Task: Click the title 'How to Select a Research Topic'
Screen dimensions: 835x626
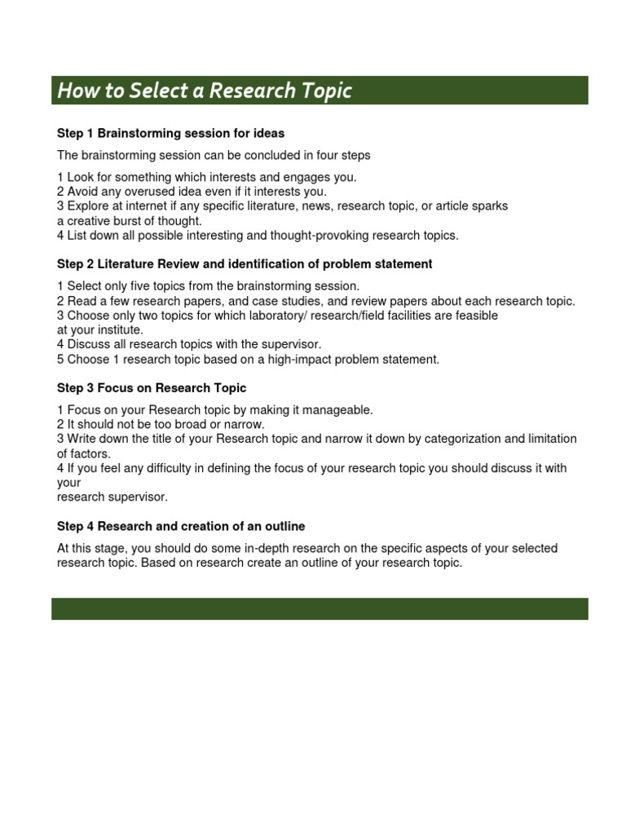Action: pyautogui.click(x=205, y=91)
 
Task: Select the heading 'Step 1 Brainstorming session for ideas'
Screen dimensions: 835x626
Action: pyautogui.click(x=170, y=133)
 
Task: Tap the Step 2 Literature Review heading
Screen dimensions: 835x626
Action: pyautogui.click(x=245, y=264)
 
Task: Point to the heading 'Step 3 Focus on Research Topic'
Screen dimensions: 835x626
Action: pyautogui.click(x=152, y=388)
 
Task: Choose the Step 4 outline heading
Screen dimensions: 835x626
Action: pyautogui.click(x=181, y=527)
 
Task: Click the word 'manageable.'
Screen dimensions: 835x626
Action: pyautogui.click(x=337, y=410)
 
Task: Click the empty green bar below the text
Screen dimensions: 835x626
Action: pyautogui.click(x=320, y=608)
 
